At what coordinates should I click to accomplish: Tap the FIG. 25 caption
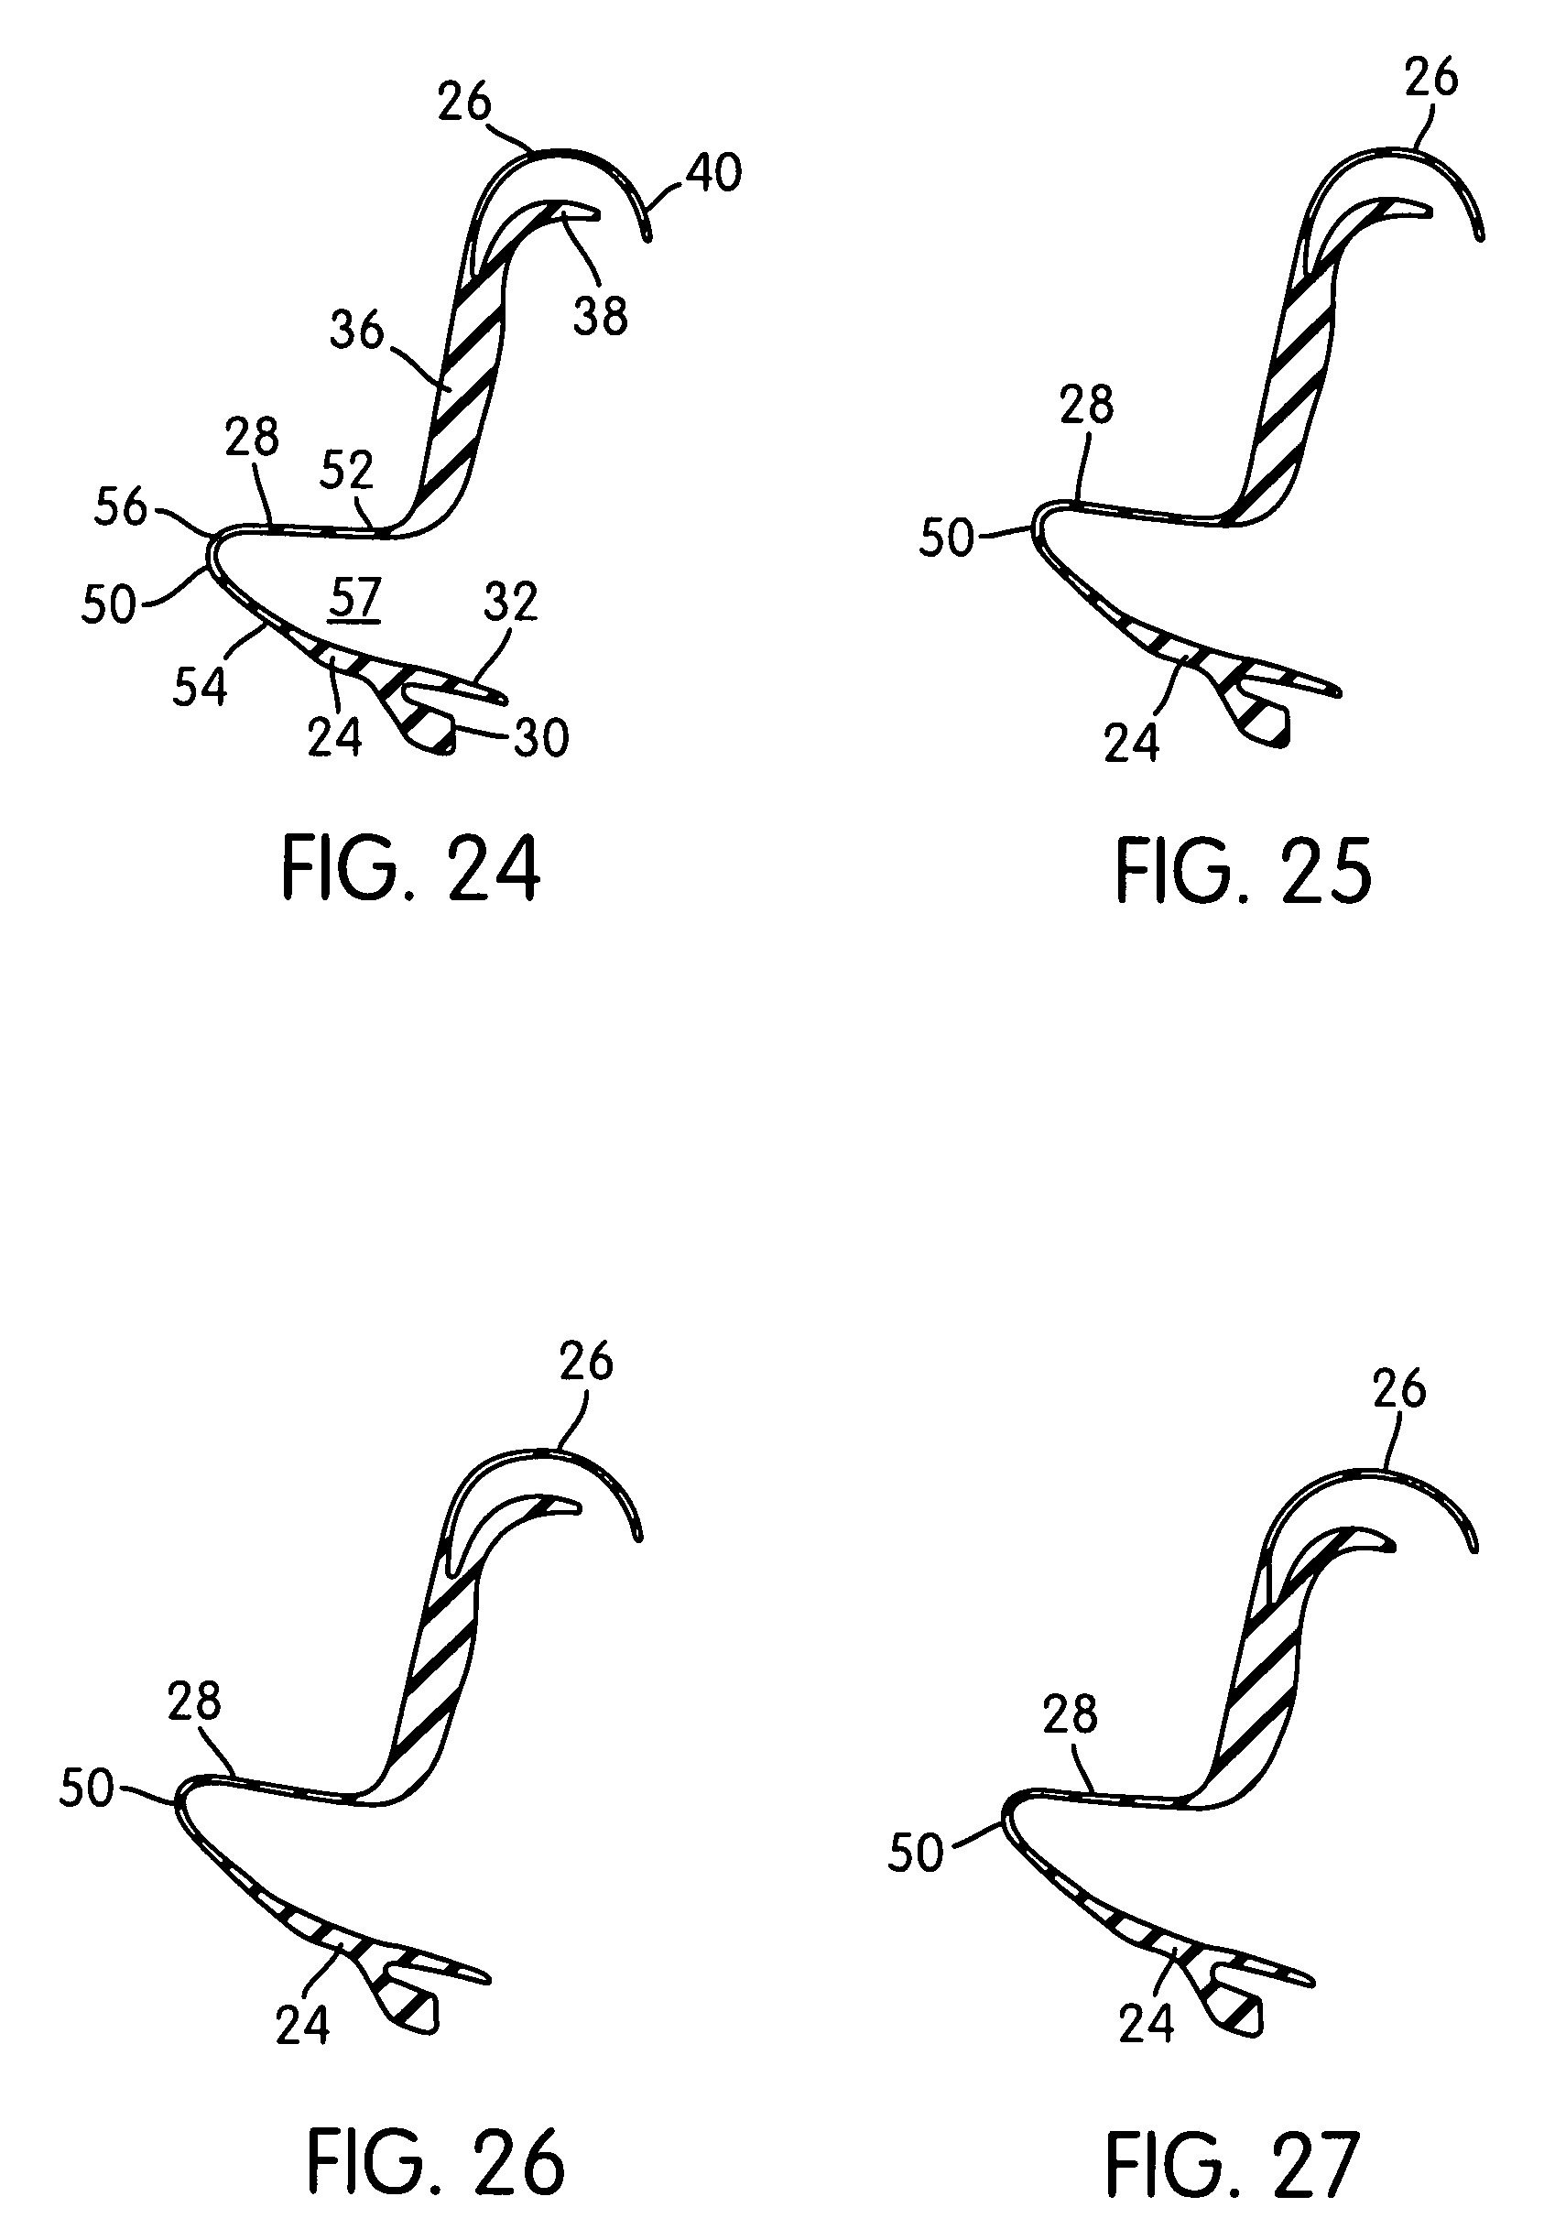[1244, 872]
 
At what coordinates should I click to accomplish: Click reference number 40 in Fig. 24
[714, 172]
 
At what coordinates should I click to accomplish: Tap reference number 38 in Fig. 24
[600, 316]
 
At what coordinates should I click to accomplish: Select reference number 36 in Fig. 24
[357, 332]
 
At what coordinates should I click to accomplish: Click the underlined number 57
[353, 597]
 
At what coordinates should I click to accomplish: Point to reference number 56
[120, 506]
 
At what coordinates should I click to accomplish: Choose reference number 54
[200, 686]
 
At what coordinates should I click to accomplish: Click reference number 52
[347, 471]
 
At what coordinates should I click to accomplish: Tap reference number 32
[510, 603]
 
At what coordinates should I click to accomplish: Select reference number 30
[540, 737]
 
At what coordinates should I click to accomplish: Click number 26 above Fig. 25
[1431, 77]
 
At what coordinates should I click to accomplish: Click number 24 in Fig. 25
[1131, 744]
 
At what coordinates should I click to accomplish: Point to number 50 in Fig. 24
[108, 604]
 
